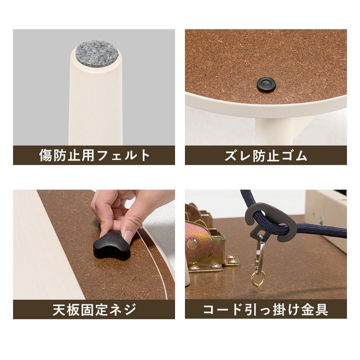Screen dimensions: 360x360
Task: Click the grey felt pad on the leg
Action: (97, 53)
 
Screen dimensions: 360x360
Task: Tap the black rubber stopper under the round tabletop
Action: (266, 84)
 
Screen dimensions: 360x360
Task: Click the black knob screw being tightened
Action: (112, 246)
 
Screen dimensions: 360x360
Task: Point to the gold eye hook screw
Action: (258, 278)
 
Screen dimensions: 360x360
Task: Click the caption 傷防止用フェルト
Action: (94, 156)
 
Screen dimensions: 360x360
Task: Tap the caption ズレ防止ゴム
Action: (265, 156)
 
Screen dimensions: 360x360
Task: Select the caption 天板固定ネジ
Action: (94, 310)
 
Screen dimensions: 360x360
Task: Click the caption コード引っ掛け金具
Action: (265, 310)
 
